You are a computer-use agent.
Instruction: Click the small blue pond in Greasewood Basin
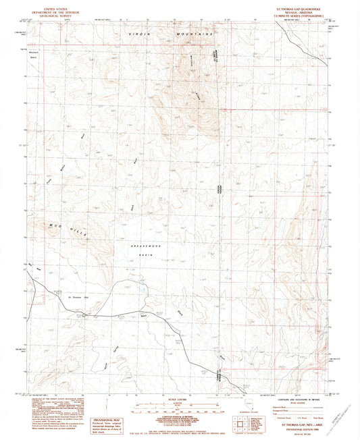144,292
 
